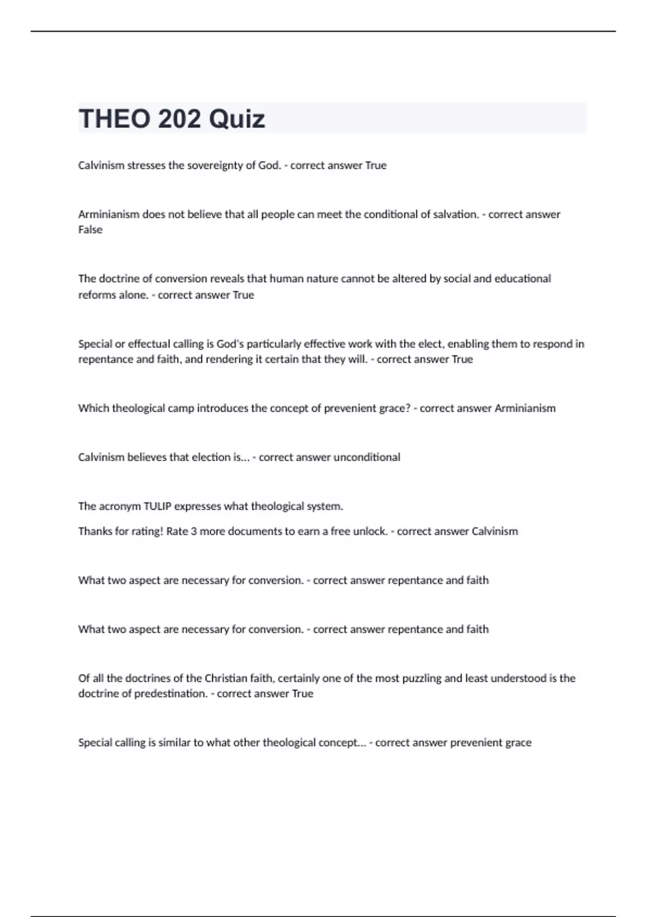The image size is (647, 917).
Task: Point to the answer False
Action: [90, 230]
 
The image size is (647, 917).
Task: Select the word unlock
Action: [370, 531]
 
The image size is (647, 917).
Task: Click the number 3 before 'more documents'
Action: [194, 531]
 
